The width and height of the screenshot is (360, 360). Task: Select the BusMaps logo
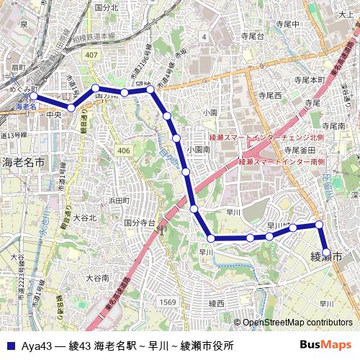click(326, 345)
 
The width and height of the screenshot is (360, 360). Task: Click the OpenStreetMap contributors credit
click(297, 323)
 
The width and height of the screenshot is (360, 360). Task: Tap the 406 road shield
click(125, 150)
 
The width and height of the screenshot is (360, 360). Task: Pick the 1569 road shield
click(167, 302)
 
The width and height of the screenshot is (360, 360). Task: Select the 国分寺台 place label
click(140, 224)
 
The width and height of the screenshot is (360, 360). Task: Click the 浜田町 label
click(118, 200)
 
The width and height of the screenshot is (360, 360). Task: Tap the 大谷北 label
click(84, 217)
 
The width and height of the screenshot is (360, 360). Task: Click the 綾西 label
click(217, 304)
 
